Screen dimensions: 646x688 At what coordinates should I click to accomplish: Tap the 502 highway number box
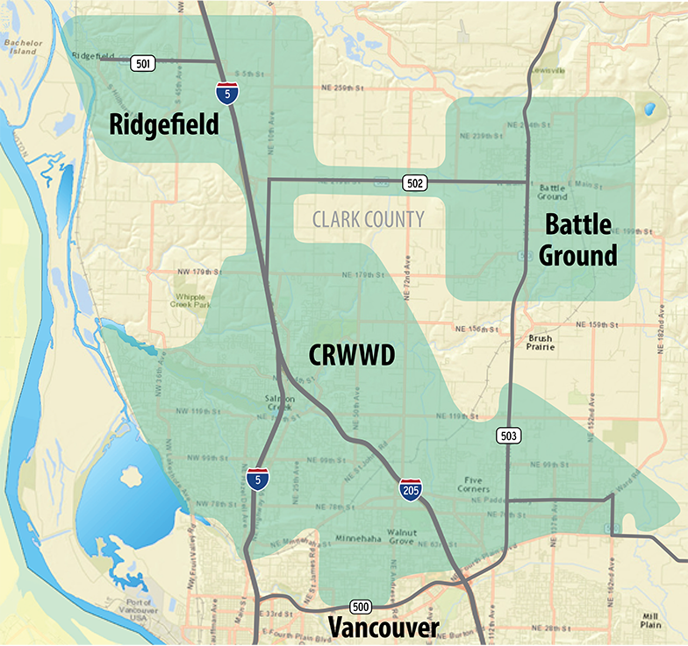click(x=416, y=182)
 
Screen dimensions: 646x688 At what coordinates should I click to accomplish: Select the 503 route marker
click(x=509, y=435)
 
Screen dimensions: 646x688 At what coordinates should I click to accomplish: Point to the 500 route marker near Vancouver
click(x=360, y=607)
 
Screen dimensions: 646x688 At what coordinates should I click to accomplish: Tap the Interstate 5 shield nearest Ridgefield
click(x=226, y=91)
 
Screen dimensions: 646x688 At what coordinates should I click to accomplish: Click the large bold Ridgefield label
click(x=164, y=124)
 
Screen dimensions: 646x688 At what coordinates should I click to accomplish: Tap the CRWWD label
click(x=352, y=355)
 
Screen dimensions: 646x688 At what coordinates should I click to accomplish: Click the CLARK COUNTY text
click(x=369, y=220)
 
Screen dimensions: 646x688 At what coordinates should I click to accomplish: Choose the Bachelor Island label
click(x=22, y=46)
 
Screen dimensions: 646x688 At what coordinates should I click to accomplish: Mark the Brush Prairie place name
click(x=541, y=342)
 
